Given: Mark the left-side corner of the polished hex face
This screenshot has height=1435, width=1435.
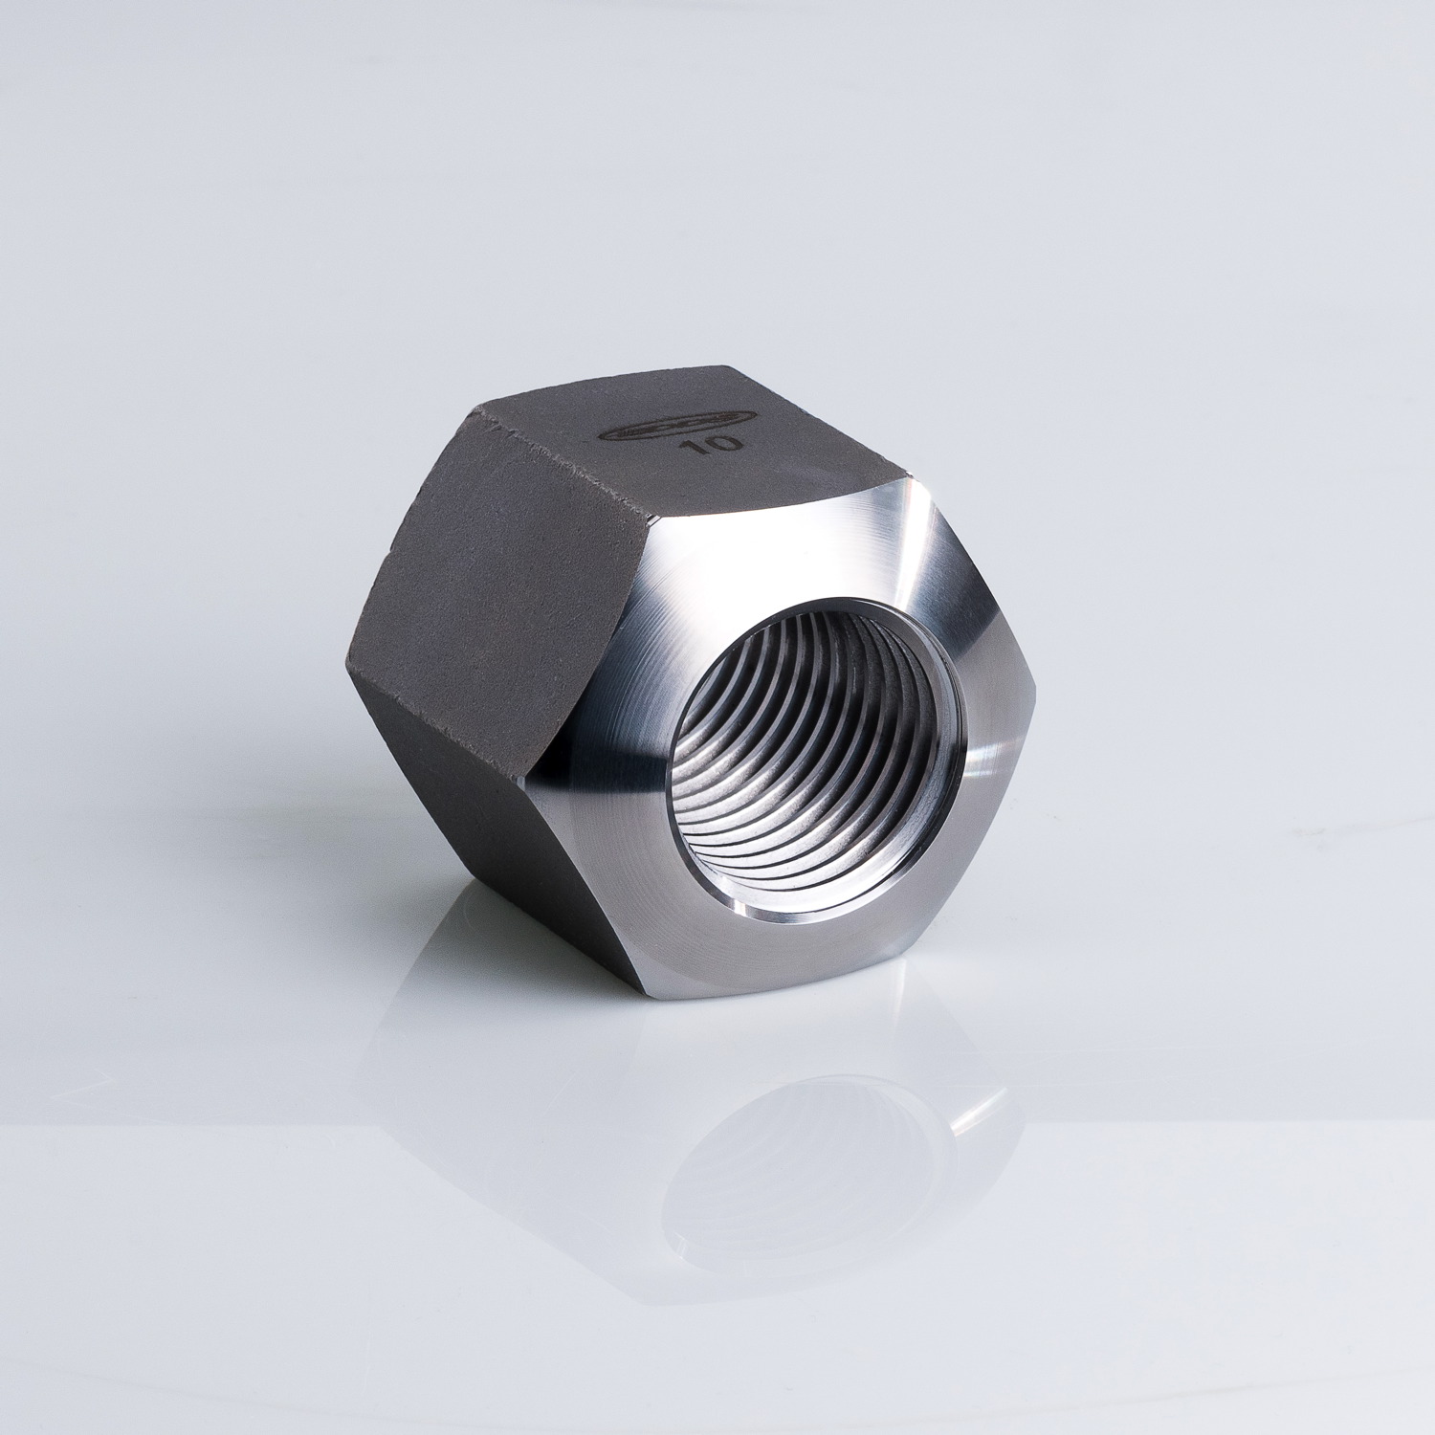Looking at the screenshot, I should (541, 765).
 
